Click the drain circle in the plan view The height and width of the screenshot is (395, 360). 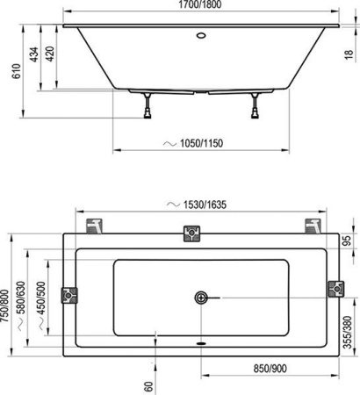click(x=201, y=297)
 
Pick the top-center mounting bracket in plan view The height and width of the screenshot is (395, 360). click(x=191, y=233)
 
